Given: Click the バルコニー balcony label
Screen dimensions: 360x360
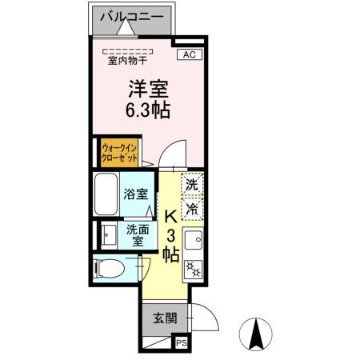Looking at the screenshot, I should (132, 17).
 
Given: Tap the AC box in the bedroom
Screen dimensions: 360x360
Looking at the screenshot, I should (190, 54).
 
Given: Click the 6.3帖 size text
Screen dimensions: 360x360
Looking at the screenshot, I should (146, 110).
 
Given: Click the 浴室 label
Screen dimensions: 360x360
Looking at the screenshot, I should (135, 194).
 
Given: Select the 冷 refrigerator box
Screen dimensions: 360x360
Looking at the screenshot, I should (192, 209).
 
